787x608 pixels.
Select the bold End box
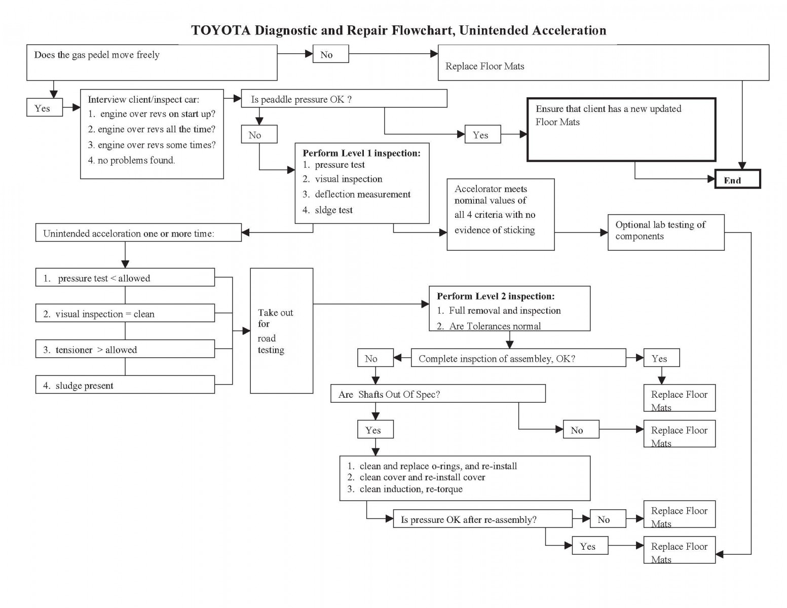click(737, 179)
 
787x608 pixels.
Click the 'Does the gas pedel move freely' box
click(152, 62)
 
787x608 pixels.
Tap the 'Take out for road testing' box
click(281, 331)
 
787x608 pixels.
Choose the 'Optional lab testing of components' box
click(665, 232)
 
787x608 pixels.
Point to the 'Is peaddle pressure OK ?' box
click(344, 99)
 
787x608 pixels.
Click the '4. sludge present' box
click(125, 385)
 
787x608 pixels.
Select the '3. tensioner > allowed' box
click(125, 349)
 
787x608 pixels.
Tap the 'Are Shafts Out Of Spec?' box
click(438, 394)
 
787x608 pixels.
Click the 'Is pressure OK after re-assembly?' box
click(482, 519)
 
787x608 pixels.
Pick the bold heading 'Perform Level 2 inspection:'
click(495, 296)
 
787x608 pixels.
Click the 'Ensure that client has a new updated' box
click(621, 130)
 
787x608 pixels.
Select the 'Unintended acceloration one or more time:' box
click(138, 233)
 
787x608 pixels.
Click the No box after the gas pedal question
click(330, 54)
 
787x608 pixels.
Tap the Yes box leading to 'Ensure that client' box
click(482, 135)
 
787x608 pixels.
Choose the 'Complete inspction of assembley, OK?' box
click(518, 358)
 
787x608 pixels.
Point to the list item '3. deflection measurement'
click(362, 194)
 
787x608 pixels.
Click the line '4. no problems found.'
click(131, 160)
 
